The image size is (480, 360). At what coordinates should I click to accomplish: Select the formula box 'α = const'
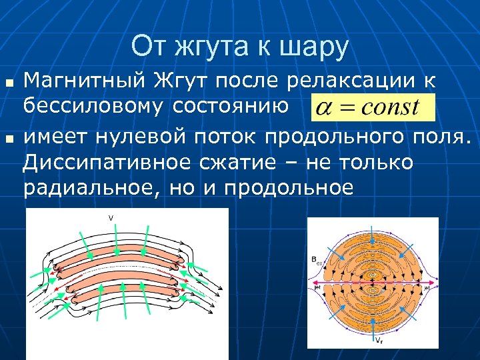pyautogui.click(x=372, y=107)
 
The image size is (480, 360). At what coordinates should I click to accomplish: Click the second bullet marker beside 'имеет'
pyautogui.click(x=9, y=138)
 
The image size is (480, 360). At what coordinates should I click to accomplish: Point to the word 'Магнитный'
pyautogui.click(x=84, y=81)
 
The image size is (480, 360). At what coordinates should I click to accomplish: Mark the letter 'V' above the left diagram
pyautogui.click(x=111, y=218)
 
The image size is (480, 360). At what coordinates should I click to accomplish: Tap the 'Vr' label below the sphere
pyautogui.click(x=378, y=340)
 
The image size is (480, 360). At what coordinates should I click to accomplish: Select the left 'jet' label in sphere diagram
pyautogui.click(x=317, y=288)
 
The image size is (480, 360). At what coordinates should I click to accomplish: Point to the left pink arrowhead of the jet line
pyautogui.click(x=314, y=283)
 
